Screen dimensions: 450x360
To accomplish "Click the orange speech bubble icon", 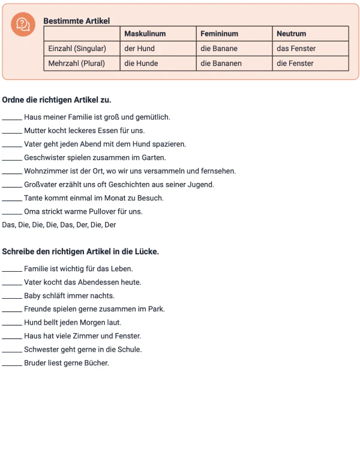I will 23,25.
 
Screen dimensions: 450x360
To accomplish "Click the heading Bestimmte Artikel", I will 76,21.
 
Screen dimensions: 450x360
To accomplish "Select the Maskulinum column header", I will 145,34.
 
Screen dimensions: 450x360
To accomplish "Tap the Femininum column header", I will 219,34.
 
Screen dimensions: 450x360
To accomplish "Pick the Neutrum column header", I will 291,34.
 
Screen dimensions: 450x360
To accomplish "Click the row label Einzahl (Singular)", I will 77,49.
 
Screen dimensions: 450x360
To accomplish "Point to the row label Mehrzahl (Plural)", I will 76,63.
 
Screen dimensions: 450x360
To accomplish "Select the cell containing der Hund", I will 139,49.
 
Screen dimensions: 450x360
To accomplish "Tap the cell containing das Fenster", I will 296,49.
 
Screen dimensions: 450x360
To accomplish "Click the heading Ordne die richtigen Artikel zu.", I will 56,100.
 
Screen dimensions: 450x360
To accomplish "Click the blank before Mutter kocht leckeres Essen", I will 12,131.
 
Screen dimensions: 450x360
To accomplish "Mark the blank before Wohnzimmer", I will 12,172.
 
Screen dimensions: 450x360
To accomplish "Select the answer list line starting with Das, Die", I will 59,225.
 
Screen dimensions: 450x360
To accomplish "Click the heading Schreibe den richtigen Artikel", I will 80,252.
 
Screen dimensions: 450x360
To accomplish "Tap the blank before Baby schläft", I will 12,297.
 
